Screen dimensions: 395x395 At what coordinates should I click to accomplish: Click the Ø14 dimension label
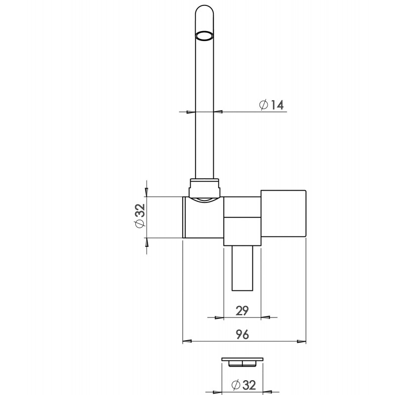pyautogui.click(x=271, y=105)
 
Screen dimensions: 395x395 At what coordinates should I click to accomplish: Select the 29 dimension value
pyautogui.click(x=242, y=311)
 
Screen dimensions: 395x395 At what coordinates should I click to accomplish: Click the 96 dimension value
pyautogui.click(x=242, y=334)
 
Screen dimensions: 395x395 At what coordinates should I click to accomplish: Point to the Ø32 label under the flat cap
pyautogui.click(x=243, y=385)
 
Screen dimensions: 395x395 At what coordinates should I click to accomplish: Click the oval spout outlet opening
pyautogui.click(x=204, y=36)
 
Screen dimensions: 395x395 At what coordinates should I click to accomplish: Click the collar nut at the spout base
pyautogui.click(x=204, y=188)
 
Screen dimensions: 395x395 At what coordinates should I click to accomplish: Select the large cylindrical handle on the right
pyautogui.click(x=283, y=214)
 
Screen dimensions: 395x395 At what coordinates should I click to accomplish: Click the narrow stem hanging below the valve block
pyautogui.click(x=242, y=268)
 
